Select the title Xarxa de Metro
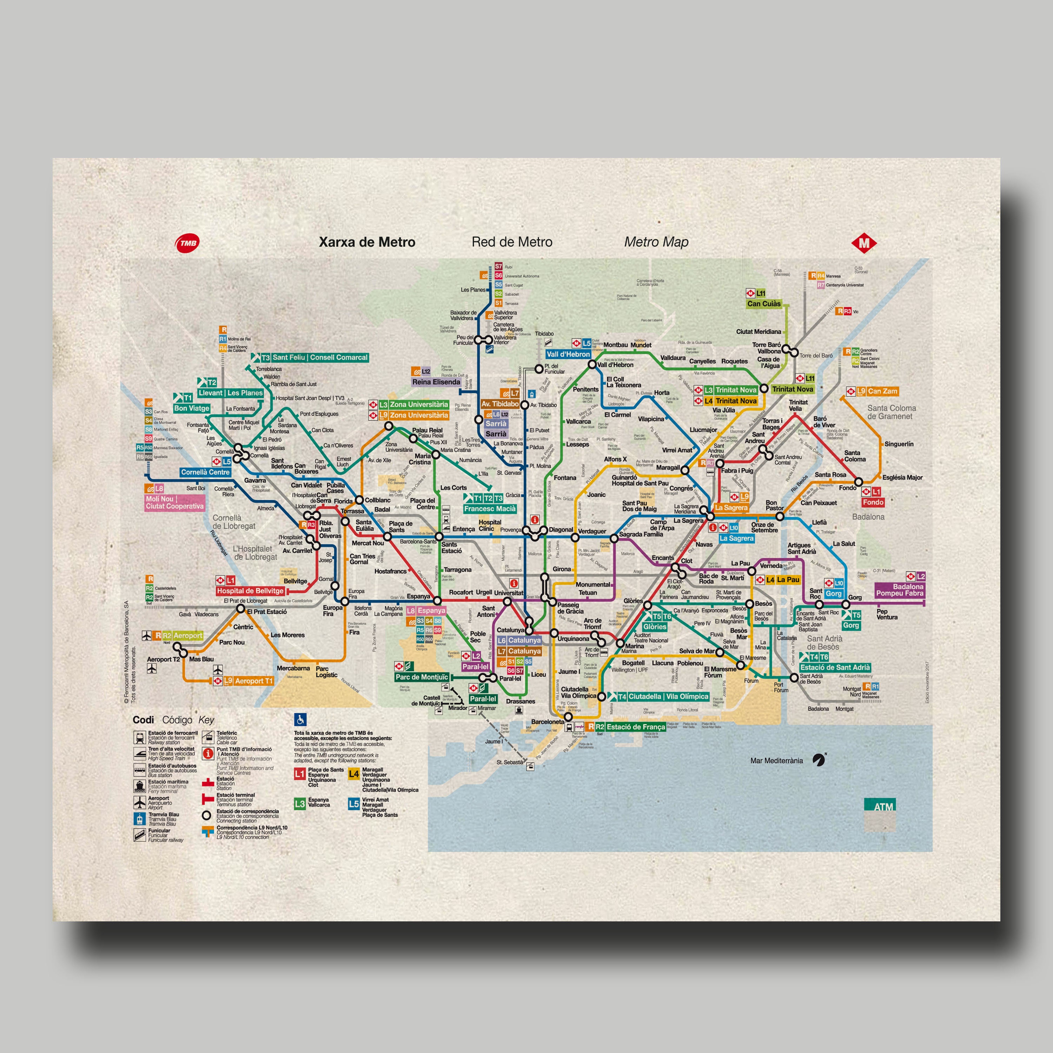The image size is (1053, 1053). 367,242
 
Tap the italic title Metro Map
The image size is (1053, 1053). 656,242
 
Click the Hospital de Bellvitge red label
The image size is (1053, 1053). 250,591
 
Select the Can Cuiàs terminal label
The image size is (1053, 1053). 763,304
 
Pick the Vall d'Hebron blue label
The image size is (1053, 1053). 569,354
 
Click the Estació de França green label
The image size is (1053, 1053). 636,727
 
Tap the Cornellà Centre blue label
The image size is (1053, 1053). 205,472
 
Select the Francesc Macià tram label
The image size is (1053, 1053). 489,509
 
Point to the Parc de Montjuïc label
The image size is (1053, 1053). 422,677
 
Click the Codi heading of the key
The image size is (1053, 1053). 143,720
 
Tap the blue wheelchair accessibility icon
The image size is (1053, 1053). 300,720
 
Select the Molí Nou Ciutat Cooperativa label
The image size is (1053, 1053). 174,503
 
